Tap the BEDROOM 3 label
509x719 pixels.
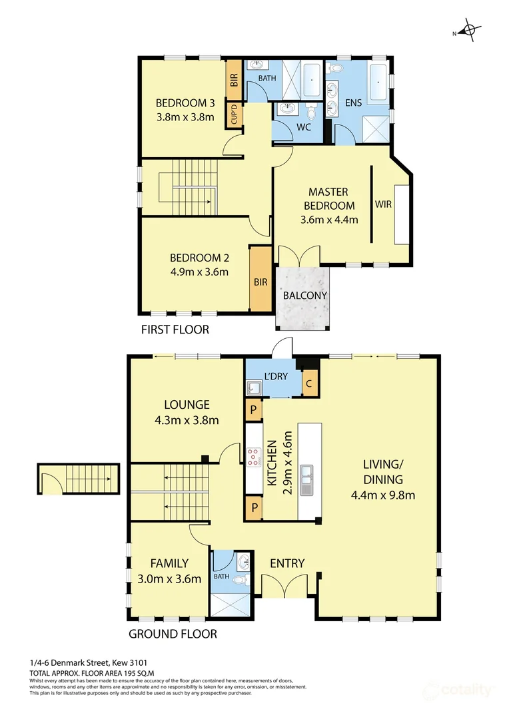[185, 103]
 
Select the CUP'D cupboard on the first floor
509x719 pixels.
[235, 115]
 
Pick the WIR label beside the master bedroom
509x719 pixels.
[382, 204]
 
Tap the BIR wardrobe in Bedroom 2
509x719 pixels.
[260, 282]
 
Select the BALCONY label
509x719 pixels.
[304, 296]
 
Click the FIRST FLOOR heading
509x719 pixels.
[175, 330]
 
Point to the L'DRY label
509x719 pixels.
[276, 376]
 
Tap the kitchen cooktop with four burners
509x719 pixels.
[254, 457]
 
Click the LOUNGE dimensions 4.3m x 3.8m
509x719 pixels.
[187, 420]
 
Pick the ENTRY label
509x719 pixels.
[287, 564]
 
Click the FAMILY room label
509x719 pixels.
[169, 563]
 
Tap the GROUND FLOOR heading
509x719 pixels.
[173, 634]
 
